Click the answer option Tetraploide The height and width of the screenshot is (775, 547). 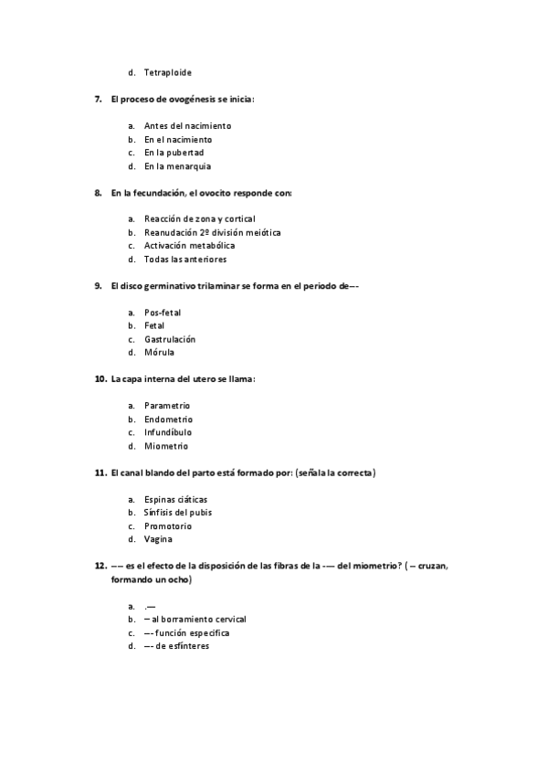pos(168,72)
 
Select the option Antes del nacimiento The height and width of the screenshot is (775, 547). pos(187,125)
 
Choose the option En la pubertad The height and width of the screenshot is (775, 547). pos(174,153)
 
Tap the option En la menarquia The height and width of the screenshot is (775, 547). pos(177,166)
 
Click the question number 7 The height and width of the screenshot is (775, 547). pos(99,99)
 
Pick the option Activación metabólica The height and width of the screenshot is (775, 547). pos(189,246)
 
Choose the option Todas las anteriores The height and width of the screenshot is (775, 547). pos(185,260)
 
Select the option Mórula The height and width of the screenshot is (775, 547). pos(159,353)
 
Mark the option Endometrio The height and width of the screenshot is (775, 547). pos(168,419)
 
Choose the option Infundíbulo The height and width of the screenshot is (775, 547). pos(168,432)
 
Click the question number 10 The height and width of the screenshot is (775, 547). pos(100,379)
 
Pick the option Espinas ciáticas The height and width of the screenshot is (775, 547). pos(175,499)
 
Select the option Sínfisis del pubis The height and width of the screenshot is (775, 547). pos(178,513)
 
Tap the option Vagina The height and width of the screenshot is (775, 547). pos(159,539)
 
